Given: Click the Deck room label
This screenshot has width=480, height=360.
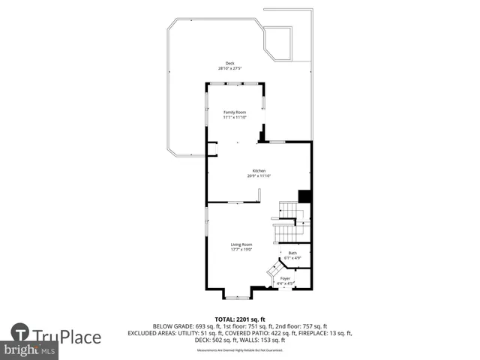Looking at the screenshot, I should pos(229,63).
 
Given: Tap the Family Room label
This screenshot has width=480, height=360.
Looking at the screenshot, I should pos(235,112).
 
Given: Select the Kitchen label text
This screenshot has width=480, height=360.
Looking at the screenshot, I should pos(259,170).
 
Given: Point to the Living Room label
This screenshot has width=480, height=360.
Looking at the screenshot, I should pos(241,244).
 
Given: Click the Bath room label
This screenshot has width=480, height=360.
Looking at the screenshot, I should pos(292,253).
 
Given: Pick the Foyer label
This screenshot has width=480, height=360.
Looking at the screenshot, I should pos(285,278).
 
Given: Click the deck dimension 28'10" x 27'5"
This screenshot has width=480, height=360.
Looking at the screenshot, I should pos(229,68).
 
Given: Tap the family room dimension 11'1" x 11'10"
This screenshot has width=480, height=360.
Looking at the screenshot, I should pos(235,118).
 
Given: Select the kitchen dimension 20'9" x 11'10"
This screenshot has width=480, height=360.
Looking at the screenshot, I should pos(259,175).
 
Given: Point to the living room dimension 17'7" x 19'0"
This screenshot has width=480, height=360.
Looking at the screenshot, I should pos(241,250).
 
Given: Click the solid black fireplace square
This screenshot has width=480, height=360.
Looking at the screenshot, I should pos(304,196).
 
